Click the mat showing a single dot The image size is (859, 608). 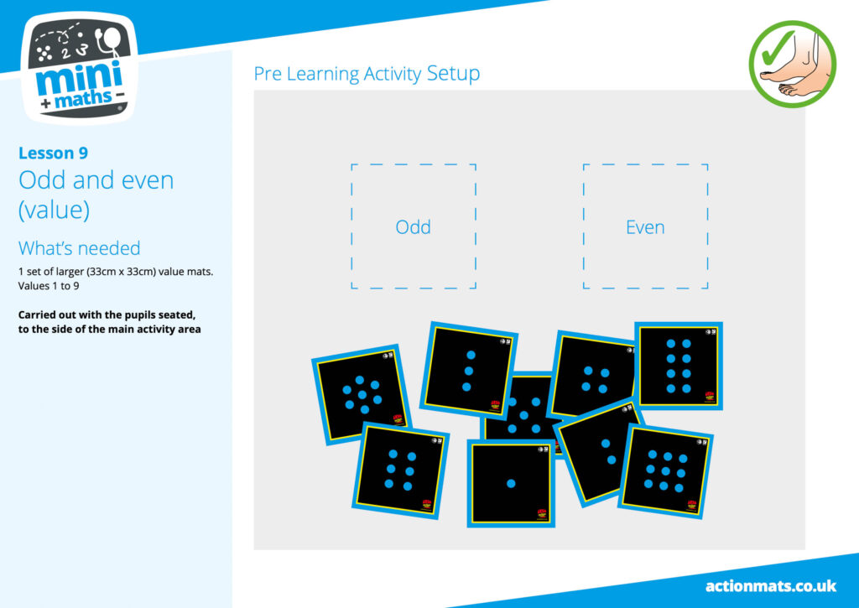click(511, 483)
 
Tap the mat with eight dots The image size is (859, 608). click(678, 366)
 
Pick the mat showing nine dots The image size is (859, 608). click(665, 471)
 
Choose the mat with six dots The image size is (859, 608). click(400, 470)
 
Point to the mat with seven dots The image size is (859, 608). click(362, 394)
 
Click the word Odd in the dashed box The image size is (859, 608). click(413, 226)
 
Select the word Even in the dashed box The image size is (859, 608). click(645, 226)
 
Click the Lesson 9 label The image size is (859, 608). click(53, 153)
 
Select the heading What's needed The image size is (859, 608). click(80, 248)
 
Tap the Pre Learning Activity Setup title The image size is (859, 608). click(367, 74)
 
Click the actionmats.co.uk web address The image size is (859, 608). click(771, 586)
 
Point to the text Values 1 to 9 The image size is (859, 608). click(49, 286)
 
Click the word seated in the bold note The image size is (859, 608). click(176, 315)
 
